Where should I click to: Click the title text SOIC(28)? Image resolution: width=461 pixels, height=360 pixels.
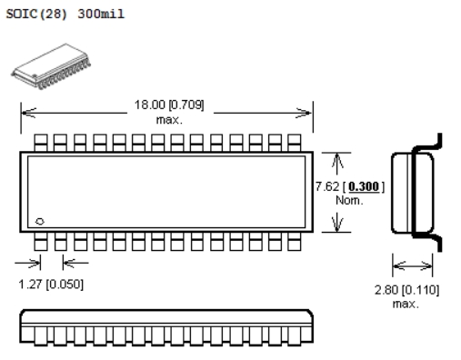pyautogui.click(x=36, y=14)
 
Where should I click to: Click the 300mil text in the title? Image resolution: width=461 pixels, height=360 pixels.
pyautogui.click(x=101, y=14)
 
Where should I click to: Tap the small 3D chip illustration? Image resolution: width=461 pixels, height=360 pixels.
pyautogui.click(x=51, y=66)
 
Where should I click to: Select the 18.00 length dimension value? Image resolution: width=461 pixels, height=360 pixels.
pyautogui.click(x=150, y=105)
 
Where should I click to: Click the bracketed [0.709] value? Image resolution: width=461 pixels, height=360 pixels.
pyautogui.click(x=186, y=105)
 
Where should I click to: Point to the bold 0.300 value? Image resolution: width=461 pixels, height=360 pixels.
pyautogui.click(x=364, y=186)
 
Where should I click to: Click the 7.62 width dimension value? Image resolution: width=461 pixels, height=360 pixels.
pyautogui.click(x=327, y=186)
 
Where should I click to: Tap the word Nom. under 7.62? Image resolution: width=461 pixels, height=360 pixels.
pyautogui.click(x=349, y=200)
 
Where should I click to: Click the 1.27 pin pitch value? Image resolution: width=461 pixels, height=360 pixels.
pyautogui.click(x=30, y=285)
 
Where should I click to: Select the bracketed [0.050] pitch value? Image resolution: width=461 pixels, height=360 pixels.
pyautogui.click(x=65, y=285)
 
